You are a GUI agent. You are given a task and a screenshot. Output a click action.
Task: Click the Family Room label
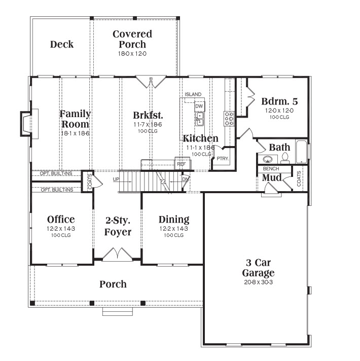[75, 119]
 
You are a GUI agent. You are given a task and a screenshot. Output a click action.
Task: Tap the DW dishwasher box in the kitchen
[199, 106]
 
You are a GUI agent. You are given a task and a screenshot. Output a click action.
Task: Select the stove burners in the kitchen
[229, 118]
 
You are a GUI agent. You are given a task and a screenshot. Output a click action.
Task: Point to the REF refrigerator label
[182, 164]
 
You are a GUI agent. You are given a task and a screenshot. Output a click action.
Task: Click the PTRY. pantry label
[223, 159]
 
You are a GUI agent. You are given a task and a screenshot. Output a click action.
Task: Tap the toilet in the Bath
[285, 158]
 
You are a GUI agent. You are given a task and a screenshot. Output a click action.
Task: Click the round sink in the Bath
[268, 159]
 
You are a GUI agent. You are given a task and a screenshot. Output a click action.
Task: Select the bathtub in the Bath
[301, 152]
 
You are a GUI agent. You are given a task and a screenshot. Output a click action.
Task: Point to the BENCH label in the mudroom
[271, 169]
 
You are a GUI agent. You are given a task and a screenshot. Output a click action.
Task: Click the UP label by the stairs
[116, 179]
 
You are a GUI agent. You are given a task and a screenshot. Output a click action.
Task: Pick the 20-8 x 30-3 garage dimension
[258, 282]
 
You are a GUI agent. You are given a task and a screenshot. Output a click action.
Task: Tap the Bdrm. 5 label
[279, 101]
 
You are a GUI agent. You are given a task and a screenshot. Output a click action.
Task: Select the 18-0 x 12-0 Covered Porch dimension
[132, 54]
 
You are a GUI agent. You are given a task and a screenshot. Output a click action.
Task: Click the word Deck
[62, 44]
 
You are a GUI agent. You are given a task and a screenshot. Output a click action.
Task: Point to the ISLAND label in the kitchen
[193, 94]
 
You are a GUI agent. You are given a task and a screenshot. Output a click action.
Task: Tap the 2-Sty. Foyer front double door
[118, 255]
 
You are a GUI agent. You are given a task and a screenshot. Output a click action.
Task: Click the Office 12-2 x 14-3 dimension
[61, 229]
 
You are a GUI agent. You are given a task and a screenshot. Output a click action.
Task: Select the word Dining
[174, 220]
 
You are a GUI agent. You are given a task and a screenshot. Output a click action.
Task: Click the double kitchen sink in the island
[200, 119]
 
